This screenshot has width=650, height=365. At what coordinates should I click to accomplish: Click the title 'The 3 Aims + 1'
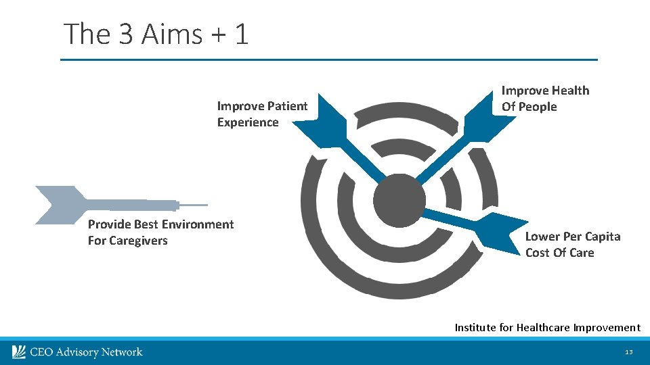click(156, 34)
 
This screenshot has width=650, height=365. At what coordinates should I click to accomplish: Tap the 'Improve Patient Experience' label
click(262, 114)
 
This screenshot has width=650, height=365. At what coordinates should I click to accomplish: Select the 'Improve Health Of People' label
click(545, 99)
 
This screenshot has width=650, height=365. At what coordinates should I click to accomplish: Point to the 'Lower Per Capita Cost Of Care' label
click(572, 245)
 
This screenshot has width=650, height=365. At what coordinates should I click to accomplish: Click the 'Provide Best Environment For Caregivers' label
click(160, 233)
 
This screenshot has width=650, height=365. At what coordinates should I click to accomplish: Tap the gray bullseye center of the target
click(399, 200)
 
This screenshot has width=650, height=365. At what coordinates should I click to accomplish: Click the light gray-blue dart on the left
click(102, 204)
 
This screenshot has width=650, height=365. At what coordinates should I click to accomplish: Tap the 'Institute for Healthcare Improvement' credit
click(547, 328)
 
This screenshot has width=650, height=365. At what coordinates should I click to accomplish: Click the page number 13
click(629, 352)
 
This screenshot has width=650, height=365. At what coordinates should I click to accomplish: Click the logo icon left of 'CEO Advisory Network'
click(19, 351)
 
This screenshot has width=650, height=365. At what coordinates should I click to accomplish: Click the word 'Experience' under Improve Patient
click(248, 122)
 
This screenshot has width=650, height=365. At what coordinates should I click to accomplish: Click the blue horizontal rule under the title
click(329, 60)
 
